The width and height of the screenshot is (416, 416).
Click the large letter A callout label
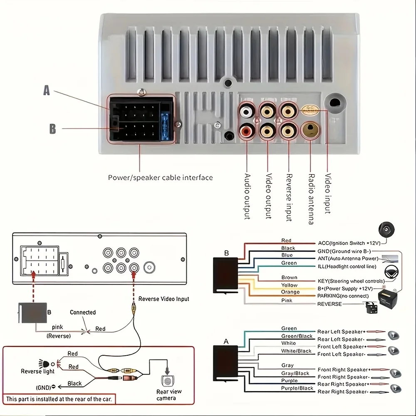(47, 90)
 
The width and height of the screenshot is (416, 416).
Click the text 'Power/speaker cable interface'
(160, 178)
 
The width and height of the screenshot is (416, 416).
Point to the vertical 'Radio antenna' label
(311, 198)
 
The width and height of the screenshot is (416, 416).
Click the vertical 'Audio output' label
(247, 196)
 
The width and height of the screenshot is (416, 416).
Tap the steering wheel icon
(390, 271)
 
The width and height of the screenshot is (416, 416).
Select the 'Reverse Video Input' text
(163, 299)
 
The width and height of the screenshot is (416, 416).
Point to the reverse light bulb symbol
(42, 363)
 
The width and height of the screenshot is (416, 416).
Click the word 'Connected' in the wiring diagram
(83, 312)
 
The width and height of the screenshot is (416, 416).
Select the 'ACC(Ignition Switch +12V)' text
(347, 243)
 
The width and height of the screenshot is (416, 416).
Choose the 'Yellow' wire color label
(289, 285)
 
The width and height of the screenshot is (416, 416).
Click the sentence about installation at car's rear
(59, 399)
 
